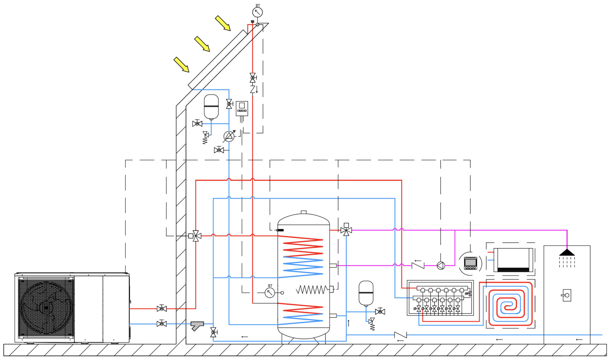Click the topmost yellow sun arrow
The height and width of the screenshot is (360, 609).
pyautogui.click(x=223, y=23)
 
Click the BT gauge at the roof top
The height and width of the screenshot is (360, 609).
pyautogui.click(x=258, y=12)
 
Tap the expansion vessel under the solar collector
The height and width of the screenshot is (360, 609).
pyautogui.click(x=211, y=107)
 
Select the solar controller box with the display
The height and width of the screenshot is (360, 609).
pyautogui.click(x=242, y=108)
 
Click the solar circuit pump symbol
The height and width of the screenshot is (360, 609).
pyautogui.click(x=229, y=136)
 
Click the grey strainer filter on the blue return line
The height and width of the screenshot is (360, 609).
pyautogui.click(x=197, y=325)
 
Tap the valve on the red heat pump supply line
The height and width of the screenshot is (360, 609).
pyautogui.click(x=161, y=309)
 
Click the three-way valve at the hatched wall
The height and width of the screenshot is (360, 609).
pyautogui.click(x=195, y=236)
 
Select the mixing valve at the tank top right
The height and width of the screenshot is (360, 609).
pyautogui.click(x=346, y=230)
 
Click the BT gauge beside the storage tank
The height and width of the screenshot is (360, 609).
pyautogui.click(x=270, y=293)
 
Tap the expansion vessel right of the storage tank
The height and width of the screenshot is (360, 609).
pyautogui.click(x=366, y=293)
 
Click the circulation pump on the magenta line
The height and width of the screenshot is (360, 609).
pyautogui.click(x=441, y=265)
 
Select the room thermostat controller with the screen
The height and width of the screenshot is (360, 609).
pyautogui.click(x=470, y=263)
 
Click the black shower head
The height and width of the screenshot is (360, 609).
pyautogui.click(x=567, y=253)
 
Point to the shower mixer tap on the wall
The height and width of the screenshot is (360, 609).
pyautogui.click(x=566, y=295)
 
